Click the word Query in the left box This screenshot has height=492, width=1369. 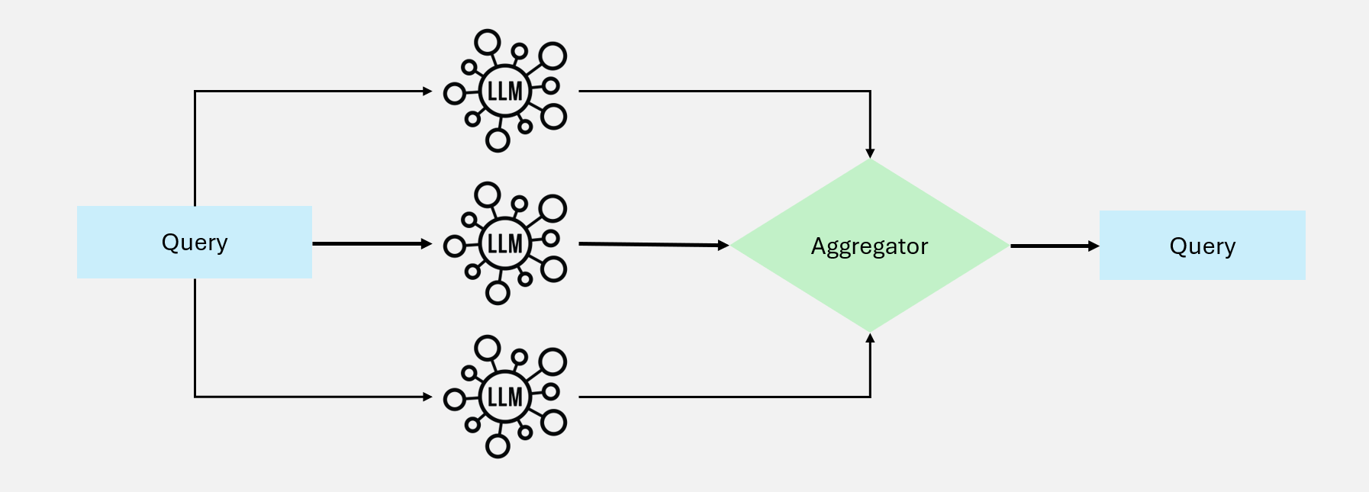tap(195, 243)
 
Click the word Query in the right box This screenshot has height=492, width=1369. tap(1202, 246)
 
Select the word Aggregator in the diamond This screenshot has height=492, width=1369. tap(869, 246)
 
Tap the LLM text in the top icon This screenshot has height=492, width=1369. tap(504, 92)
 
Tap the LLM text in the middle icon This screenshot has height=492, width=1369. tap(504, 244)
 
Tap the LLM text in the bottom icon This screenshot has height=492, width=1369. tap(504, 397)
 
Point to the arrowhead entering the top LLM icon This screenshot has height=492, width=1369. tap(428, 92)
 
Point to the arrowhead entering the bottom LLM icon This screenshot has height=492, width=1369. tap(428, 397)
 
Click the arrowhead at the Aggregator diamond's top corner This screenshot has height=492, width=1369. tap(870, 153)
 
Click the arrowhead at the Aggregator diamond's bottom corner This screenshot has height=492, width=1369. tap(870, 338)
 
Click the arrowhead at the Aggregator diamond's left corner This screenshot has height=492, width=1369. tap(724, 246)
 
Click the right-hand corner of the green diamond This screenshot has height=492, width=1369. tap(1007, 246)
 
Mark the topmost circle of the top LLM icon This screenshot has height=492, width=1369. tap(488, 43)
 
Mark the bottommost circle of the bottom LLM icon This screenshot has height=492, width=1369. tap(498, 445)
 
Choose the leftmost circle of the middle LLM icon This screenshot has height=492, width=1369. tap(455, 246)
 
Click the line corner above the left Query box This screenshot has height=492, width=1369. tap(195, 92)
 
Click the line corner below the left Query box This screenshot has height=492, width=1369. tap(195, 397)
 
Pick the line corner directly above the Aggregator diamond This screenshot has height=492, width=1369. tap(870, 92)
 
